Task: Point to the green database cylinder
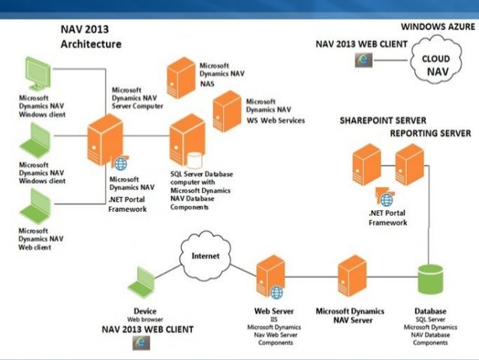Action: pos(431,282)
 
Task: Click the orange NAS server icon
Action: pos(181,77)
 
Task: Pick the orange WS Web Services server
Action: pos(227,111)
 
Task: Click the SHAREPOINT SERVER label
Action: pos(383,120)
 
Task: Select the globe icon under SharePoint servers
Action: pos(387,199)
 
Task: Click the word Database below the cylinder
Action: pos(430,310)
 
